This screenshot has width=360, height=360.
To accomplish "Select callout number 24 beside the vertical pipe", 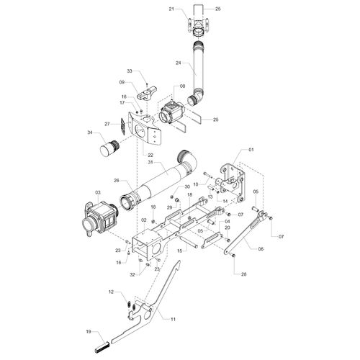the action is pyautogui.click(x=178, y=63).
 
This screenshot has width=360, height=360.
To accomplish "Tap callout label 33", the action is pyautogui.click(x=130, y=71).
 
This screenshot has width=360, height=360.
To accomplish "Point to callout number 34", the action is pyautogui.click(x=90, y=132).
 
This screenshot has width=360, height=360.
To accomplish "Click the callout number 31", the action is pyautogui.click(x=150, y=162).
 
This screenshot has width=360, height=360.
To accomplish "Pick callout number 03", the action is pyautogui.click(x=98, y=192).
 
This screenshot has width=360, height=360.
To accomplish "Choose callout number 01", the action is pyautogui.click(x=251, y=150).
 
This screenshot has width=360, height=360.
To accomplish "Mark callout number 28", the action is pyautogui.click(x=243, y=274).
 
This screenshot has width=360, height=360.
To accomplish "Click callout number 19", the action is pyautogui.click(x=89, y=332).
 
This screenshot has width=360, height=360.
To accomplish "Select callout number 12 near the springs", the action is pyautogui.click(x=111, y=292).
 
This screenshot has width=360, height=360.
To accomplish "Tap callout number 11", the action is pyautogui.click(x=173, y=319).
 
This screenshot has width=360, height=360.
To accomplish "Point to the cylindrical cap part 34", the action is pyautogui.click(x=109, y=148).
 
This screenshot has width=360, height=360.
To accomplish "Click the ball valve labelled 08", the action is pyautogui.click(x=171, y=112).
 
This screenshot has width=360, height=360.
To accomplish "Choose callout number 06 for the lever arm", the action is pyautogui.click(x=261, y=249).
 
